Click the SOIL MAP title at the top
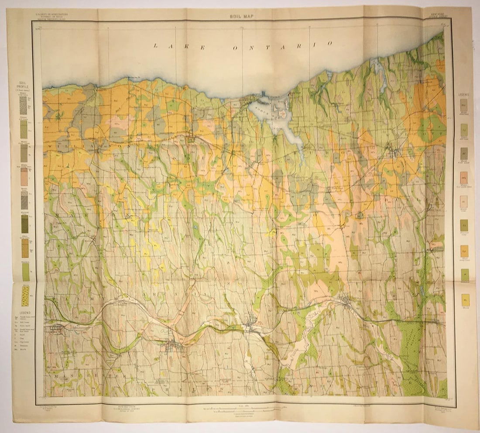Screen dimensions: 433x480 [x=241, y=16]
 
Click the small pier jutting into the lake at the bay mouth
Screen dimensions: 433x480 [x=263, y=94]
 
